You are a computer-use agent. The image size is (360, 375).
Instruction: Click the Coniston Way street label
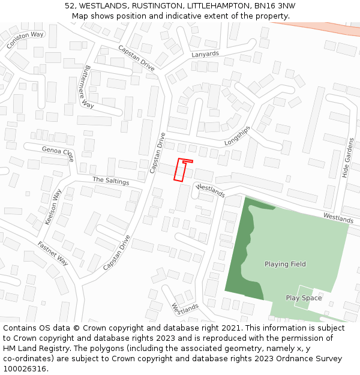25,40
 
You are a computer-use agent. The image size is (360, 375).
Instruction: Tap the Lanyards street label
205,54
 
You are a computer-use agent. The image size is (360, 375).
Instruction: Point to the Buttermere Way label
89,87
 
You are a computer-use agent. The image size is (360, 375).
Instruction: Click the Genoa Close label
58,153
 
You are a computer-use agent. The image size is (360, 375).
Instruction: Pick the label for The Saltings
111,181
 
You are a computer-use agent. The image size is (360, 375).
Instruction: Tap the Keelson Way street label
53,207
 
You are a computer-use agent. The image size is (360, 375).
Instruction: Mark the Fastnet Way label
53,253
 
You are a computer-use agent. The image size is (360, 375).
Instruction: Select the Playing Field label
285,264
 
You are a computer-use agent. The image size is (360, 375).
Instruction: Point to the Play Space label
304,298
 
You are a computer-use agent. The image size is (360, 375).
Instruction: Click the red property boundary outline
180,170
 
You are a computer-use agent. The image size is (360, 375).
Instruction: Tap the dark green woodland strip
240,258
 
